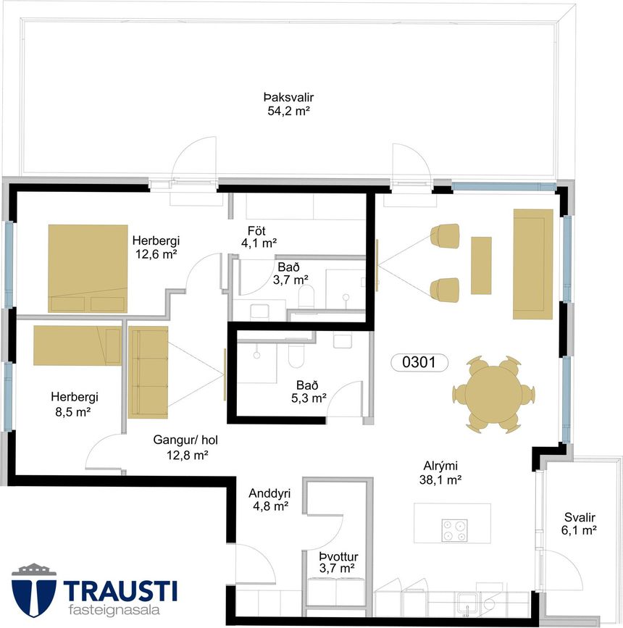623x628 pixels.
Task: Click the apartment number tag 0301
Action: [x=419, y=362]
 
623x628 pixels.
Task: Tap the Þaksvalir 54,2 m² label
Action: [x=288, y=104]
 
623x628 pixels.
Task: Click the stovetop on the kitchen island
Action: [x=454, y=530]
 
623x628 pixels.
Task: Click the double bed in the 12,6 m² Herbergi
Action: [x=88, y=268]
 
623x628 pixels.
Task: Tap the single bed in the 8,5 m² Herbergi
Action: [x=78, y=346]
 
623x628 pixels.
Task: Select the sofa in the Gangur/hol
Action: [x=148, y=372]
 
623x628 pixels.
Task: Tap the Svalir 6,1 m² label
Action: [x=579, y=524]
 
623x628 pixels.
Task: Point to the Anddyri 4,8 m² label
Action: [x=270, y=500]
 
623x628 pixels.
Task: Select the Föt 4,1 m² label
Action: [x=259, y=237]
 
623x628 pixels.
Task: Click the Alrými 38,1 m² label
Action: [x=440, y=472]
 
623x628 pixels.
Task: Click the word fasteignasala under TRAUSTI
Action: [x=114, y=610]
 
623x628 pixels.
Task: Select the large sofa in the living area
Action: [x=533, y=264]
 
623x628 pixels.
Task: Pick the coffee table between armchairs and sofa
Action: [x=481, y=266]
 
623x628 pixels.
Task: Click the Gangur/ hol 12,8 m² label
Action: [x=185, y=447]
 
